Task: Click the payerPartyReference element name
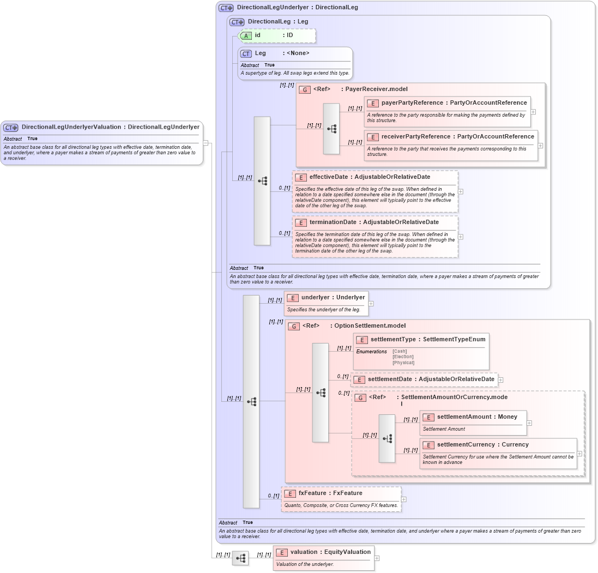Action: click(x=412, y=102)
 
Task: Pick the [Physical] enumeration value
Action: click(x=403, y=363)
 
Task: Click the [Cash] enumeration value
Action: click(x=400, y=352)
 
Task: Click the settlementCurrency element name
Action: click(x=466, y=445)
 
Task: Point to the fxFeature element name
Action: click(x=315, y=493)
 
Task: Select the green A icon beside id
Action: click(x=246, y=36)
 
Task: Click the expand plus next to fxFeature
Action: click(x=403, y=499)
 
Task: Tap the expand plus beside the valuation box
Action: click(x=377, y=558)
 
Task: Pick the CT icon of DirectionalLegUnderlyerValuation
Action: click(x=11, y=128)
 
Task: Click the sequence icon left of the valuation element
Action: click(x=240, y=558)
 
